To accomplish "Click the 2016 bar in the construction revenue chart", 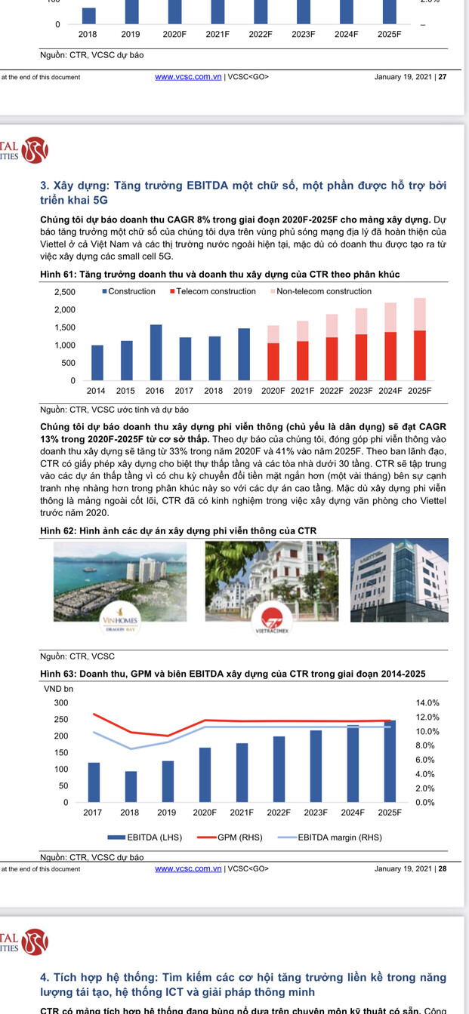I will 156,352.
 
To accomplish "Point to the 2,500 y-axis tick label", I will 65,292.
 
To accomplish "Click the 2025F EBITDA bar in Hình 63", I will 390,761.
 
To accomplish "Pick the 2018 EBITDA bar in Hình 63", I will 131,786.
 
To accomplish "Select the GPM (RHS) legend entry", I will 234,837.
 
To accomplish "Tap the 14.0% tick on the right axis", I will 427,702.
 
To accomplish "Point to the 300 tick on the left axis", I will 60,702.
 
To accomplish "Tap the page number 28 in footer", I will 443,868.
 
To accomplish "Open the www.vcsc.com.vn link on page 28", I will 188,868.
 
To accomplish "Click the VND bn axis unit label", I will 58,688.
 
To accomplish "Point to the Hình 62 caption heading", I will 178,531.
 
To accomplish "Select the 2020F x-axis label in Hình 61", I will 273,391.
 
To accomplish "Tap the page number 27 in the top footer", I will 443,77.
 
